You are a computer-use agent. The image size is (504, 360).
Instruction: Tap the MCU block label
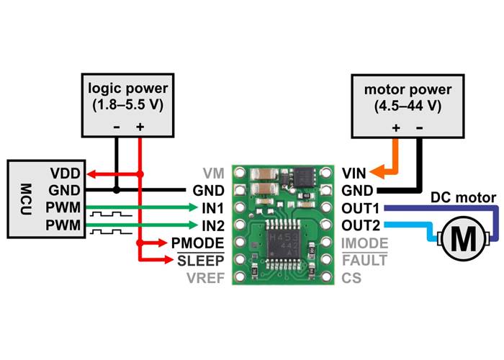pos(21,198)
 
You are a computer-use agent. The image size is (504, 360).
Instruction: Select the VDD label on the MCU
pos(63,174)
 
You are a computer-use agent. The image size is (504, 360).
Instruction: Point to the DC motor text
pos(462,197)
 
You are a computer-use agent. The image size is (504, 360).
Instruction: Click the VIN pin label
pos(355,173)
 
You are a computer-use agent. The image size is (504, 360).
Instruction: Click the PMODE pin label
pos(197,243)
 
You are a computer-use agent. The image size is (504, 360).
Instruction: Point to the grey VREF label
pos(204,277)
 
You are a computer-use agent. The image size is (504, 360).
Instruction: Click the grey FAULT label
pos(364,260)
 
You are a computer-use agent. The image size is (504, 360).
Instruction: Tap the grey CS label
pos(351,277)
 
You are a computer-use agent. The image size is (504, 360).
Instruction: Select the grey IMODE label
pos(364,243)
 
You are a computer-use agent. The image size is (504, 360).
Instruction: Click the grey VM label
pos(213,173)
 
